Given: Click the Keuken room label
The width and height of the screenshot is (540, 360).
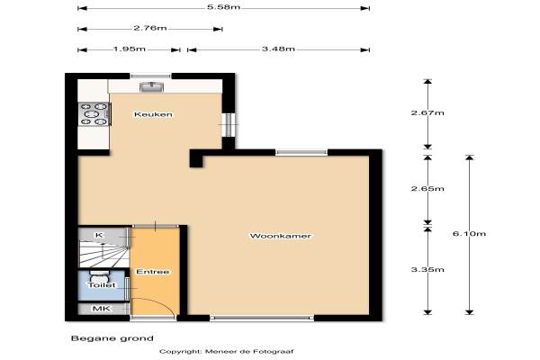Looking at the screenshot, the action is [153, 114].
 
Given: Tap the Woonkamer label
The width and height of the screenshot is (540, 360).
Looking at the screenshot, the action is [280, 236].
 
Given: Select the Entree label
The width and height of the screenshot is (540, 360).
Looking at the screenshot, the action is [153, 272].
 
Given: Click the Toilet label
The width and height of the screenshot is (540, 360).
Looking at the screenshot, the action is [101, 285].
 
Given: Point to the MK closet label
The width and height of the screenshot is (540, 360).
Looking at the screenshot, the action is [102, 309].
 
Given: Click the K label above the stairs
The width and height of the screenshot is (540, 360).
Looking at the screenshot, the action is [99, 235].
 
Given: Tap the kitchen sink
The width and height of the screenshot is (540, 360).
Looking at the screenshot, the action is [151, 86].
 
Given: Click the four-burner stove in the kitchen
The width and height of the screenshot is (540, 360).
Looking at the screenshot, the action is [94, 114].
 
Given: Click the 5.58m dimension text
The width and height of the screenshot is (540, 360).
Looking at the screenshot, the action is [223, 7].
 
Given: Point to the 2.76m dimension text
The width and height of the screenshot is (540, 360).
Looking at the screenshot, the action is [150, 28].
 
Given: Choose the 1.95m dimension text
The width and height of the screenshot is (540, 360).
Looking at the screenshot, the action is [130, 49].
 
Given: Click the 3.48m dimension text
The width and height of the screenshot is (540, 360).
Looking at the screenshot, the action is [278, 49].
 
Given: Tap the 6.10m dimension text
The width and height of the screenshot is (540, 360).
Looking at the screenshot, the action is [469, 234].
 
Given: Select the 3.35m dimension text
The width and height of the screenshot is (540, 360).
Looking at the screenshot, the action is [427, 269].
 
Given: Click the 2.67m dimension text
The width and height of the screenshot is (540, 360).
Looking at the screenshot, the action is [427, 112].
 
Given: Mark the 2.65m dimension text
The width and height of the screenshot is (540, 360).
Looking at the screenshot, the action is [427, 189].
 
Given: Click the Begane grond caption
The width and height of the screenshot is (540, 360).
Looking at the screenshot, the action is [112, 338].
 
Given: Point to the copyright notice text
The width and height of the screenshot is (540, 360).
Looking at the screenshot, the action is [226, 352].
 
